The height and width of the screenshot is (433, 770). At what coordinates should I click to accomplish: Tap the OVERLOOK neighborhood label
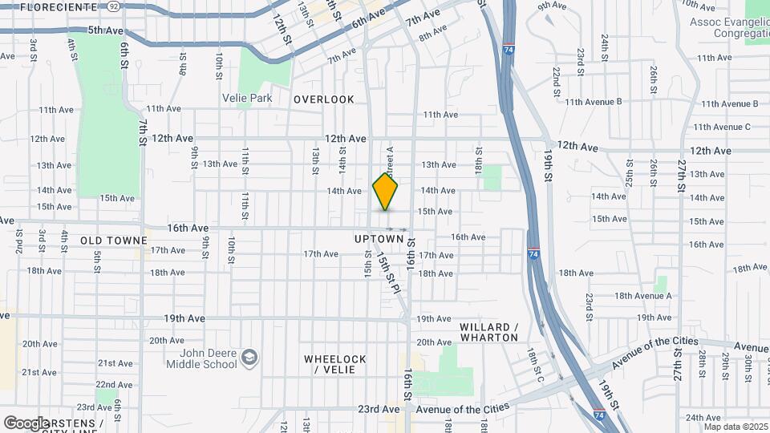pyautogui.click(x=323, y=99)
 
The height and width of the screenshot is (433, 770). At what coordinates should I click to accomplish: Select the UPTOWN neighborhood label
pyautogui.click(x=379, y=239)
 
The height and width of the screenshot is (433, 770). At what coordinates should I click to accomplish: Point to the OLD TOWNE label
pyautogui.click(x=114, y=241)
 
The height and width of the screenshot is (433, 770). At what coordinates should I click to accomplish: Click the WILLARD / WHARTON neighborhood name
pyautogui.click(x=489, y=332)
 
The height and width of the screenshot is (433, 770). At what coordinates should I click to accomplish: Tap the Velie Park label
pyautogui.click(x=247, y=99)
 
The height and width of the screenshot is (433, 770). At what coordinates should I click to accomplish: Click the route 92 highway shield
pyautogui.click(x=113, y=6)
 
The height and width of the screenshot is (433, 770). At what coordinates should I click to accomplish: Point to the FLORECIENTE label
pyautogui.click(x=59, y=6)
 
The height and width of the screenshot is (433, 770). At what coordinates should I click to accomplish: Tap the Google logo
pyautogui.click(x=26, y=423)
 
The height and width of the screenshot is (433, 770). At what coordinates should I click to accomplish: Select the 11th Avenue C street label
pyautogui.click(x=721, y=127)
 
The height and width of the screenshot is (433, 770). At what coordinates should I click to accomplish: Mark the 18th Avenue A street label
pyautogui.click(x=643, y=296)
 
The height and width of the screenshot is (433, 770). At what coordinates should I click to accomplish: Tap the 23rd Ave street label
pyautogui.click(x=378, y=409)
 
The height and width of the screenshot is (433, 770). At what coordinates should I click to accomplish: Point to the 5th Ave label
pyautogui.click(x=106, y=30)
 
